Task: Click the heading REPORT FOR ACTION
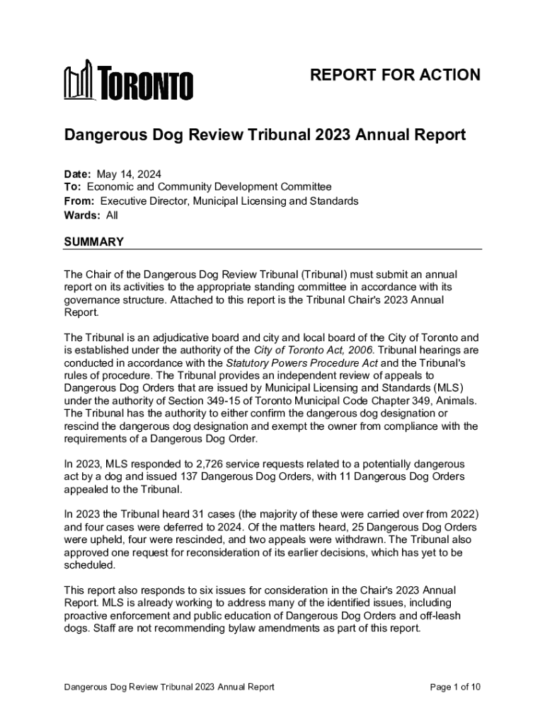[x=396, y=75]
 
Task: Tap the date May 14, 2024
[x=125, y=173]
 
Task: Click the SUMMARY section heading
[x=94, y=242]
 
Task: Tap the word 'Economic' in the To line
[x=110, y=187]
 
